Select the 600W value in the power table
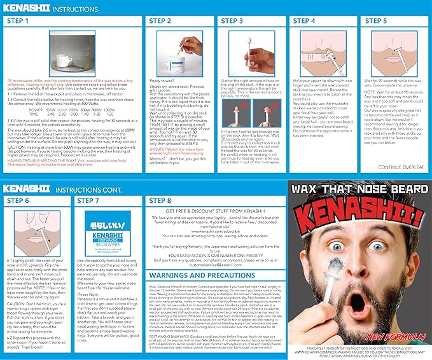point(62,109)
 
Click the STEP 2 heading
point(160,21)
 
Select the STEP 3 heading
point(232,21)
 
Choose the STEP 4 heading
point(304,21)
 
